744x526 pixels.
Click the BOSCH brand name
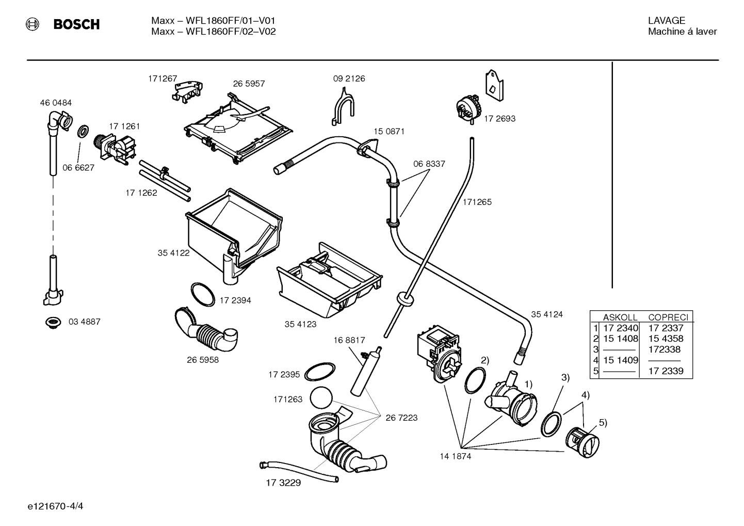(x=76, y=25)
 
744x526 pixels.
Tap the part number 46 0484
(x=56, y=103)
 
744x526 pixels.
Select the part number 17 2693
(x=499, y=119)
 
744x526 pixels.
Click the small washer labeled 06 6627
(x=83, y=132)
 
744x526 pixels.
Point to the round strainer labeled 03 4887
(x=53, y=322)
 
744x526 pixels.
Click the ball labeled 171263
(x=321, y=398)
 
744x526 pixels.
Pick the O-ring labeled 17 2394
(x=203, y=294)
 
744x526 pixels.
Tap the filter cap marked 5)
(x=583, y=442)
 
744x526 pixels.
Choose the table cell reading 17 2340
(x=621, y=328)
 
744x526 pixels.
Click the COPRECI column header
(x=669, y=317)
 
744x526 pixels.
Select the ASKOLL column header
(x=620, y=317)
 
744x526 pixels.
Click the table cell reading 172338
(x=665, y=349)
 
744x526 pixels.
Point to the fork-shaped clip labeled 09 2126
(x=343, y=106)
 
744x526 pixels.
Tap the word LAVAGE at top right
(x=667, y=21)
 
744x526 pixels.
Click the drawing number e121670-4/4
(x=56, y=506)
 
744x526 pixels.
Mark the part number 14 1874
(x=456, y=456)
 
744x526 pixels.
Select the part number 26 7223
(x=401, y=418)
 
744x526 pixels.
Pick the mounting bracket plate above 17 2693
(x=494, y=85)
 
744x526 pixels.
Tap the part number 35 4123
(x=300, y=324)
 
